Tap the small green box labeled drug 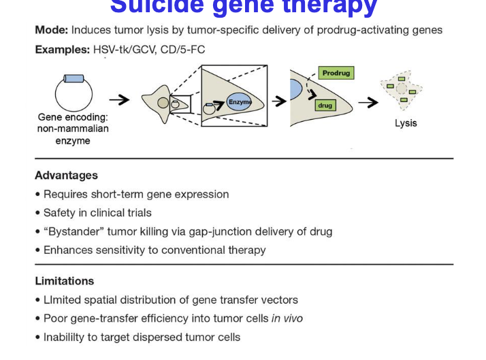pos(325,105)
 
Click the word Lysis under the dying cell pos(406,123)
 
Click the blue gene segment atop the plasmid pos(74,79)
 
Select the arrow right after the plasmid pos(120,100)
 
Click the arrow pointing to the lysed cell pos(368,103)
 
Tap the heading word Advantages pos(66,176)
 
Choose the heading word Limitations pos(64,281)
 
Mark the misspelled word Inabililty pos(67,337)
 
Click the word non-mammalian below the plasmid pos(72,129)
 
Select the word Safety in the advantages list pos(60,213)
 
